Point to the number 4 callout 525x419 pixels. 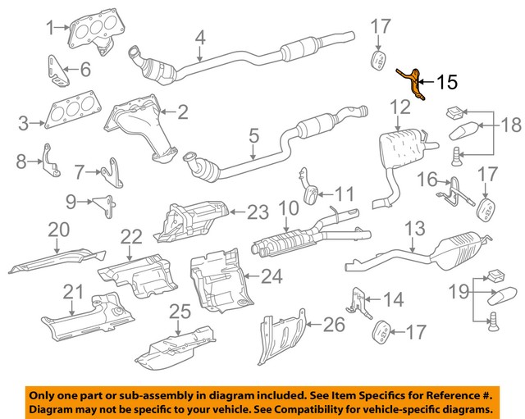(x=199, y=37)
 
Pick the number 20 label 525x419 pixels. (x=59, y=231)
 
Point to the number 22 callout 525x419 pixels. (x=132, y=236)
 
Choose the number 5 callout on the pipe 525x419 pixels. (x=253, y=135)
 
